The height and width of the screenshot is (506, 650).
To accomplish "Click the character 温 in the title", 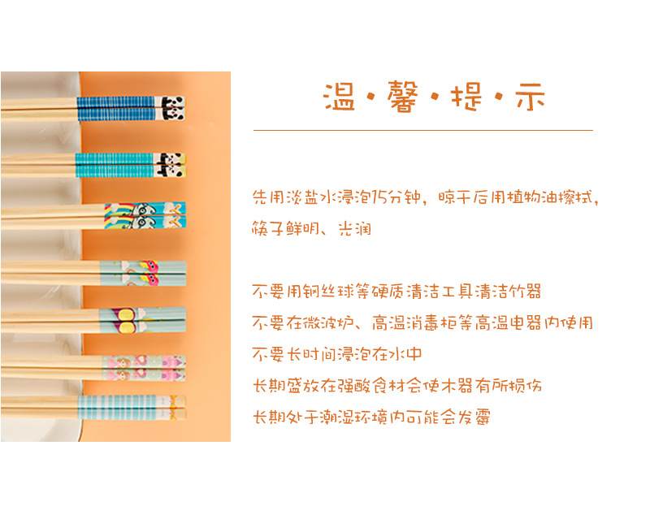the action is tap(339, 97).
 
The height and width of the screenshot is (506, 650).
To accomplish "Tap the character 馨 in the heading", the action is tap(402, 97).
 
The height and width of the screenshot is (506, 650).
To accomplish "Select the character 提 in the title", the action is tap(466, 97).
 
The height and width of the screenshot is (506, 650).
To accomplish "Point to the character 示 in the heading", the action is tap(530, 97).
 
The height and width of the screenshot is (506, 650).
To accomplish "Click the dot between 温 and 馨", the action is tap(371, 97).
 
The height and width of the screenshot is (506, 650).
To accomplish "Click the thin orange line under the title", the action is tap(423, 130).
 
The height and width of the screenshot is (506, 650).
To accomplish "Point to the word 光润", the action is tap(355, 228).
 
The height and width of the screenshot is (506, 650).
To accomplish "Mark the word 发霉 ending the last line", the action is tap(474, 417).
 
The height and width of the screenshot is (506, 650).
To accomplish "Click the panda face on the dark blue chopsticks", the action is tap(173, 108).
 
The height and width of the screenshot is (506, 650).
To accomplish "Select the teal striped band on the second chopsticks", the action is tap(115, 166).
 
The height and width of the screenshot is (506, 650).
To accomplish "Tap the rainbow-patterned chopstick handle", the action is tap(145, 215).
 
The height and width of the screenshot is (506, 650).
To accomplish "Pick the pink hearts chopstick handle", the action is tap(145, 368).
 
